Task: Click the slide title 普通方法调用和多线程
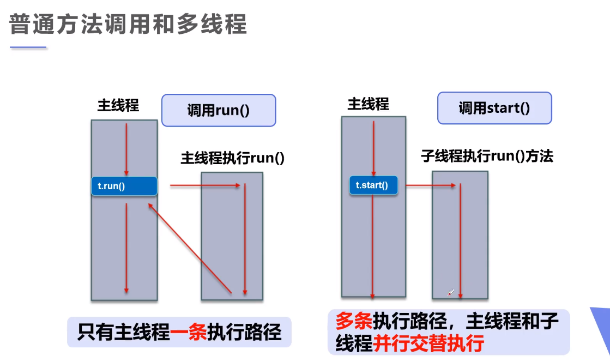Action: coord(128,24)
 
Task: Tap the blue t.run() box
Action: coord(124,186)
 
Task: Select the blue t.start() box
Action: coord(373,185)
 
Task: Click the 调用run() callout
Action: coord(218,110)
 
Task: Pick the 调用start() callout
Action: coord(494,108)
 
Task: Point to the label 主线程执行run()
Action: coord(233,159)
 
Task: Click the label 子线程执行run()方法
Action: coord(487,156)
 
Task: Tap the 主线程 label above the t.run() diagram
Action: coord(118,105)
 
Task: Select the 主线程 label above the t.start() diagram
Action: coord(369,104)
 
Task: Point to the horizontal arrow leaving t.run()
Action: coord(205,185)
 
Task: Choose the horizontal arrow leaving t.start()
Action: coord(430,185)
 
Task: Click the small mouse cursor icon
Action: coord(451,293)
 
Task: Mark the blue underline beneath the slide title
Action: coord(28,48)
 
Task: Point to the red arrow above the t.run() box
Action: coord(126,147)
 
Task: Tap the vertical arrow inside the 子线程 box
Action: coord(461,240)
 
